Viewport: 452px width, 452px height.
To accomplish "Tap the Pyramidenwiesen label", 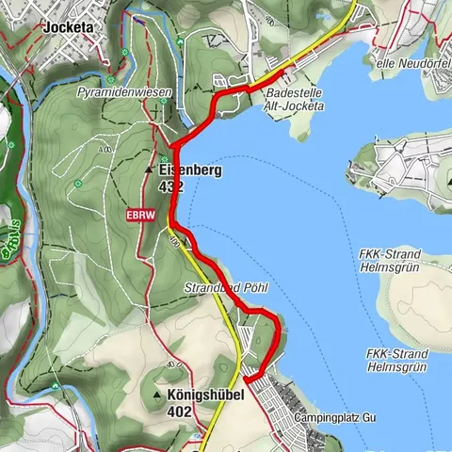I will click(118, 95).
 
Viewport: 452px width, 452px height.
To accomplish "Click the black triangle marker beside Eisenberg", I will click(149, 170).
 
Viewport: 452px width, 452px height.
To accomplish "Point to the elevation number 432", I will click(170, 187).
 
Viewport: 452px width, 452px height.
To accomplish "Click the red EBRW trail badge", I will click(137, 215).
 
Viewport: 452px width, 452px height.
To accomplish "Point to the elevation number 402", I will click(179, 412).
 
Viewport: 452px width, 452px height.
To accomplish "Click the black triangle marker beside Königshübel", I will click(156, 395).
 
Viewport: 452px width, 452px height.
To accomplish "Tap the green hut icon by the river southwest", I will click(14, 242).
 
